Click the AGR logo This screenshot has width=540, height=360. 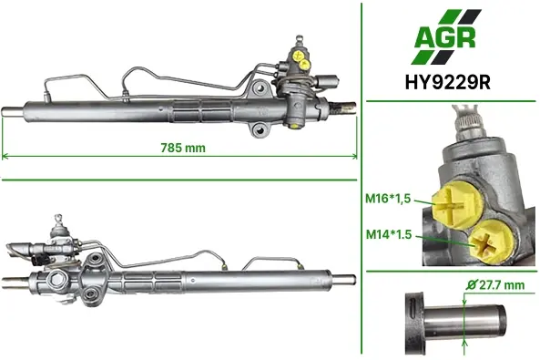click(x=447, y=36)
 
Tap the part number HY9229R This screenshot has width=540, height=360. click(x=448, y=83)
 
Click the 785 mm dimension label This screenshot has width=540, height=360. click(x=183, y=148)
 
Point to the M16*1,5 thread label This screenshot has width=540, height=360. click(x=388, y=199)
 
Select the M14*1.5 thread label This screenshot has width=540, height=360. click(x=389, y=234)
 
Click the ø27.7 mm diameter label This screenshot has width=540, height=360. click(x=495, y=285)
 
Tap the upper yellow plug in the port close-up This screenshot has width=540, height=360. click(x=458, y=205)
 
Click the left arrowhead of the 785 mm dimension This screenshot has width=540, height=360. click(x=5, y=156)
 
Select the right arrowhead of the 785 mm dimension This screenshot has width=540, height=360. click(x=354, y=156)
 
